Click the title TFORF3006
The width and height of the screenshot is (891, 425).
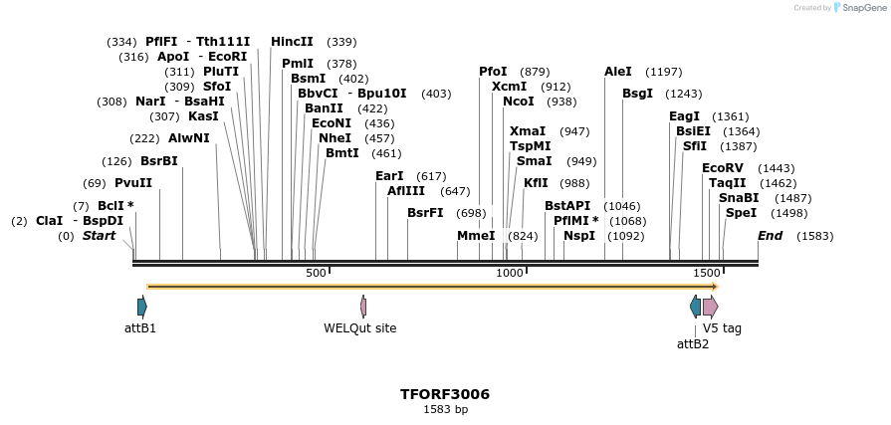click(x=445, y=394)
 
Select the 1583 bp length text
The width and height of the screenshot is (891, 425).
click(x=445, y=409)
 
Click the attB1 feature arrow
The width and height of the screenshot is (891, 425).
click(x=142, y=307)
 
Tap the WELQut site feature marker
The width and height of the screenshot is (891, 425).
click(x=363, y=307)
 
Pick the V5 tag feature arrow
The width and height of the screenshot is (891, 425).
click(x=710, y=307)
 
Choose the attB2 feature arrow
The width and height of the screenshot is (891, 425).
click(x=695, y=307)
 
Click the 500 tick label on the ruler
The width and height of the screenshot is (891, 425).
click(x=316, y=273)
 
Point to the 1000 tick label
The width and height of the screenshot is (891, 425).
click(x=510, y=273)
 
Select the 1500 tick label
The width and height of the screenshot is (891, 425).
click(x=707, y=273)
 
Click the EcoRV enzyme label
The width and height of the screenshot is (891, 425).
click(x=723, y=168)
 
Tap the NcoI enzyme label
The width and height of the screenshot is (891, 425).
click(x=519, y=102)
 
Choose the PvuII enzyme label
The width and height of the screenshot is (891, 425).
click(x=133, y=183)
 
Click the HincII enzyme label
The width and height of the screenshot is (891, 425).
click(x=292, y=42)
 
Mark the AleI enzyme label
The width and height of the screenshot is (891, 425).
click(x=618, y=72)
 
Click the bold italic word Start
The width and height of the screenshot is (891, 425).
click(x=99, y=236)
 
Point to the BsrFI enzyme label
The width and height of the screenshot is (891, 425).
click(x=425, y=212)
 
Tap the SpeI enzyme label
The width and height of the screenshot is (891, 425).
click(x=741, y=212)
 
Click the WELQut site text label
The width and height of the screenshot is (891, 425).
click(x=360, y=327)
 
